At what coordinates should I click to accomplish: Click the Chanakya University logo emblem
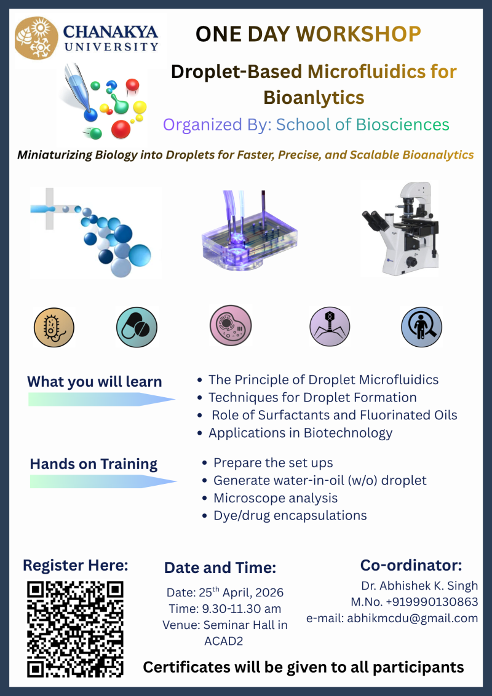36,38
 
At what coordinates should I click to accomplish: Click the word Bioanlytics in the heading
313,97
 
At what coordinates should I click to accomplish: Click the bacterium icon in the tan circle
54,327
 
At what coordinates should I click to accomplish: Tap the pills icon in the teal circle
137,327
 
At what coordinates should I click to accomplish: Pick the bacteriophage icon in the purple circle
329,326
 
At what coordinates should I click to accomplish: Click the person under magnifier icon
421,327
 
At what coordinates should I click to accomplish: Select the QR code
76,628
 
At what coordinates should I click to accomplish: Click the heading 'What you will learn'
94,381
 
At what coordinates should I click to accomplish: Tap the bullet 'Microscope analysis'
275,498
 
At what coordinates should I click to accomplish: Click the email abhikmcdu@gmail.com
412,618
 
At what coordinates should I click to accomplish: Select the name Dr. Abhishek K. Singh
419,585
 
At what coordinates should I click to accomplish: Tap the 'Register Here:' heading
75,565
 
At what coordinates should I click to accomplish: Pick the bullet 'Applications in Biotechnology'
300,433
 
